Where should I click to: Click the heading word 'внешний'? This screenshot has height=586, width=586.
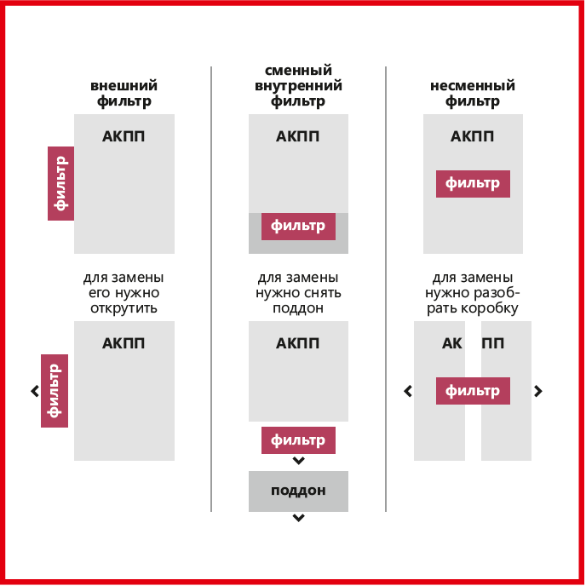[124, 85]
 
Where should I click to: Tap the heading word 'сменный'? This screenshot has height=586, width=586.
[298, 70]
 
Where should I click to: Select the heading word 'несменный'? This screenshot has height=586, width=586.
[473, 85]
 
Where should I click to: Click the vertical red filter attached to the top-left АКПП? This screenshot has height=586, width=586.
[61, 183]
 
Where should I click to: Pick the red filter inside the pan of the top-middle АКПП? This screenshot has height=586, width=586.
[298, 227]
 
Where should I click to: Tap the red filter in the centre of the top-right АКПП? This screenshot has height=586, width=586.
[473, 184]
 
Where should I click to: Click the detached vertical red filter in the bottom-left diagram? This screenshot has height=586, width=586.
[55, 391]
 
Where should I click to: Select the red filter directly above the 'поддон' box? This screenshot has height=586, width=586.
[298, 440]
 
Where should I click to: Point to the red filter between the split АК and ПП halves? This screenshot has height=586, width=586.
[473, 391]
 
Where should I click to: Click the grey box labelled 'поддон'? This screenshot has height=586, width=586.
[298, 491]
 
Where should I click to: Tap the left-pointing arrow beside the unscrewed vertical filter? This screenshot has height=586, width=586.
[35, 391]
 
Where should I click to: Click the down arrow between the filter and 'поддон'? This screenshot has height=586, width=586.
[298, 461]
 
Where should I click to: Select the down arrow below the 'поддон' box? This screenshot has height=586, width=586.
[298, 518]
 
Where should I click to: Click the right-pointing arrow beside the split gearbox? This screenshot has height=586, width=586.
[537, 391]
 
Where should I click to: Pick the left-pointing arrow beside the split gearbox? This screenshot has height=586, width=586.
[408, 391]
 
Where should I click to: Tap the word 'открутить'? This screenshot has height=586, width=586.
[124, 308]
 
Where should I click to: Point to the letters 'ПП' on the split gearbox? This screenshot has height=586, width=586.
[493, 343]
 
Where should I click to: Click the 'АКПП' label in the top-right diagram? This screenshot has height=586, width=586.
[473, 136]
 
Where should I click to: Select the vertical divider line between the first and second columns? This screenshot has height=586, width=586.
[211, 289]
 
